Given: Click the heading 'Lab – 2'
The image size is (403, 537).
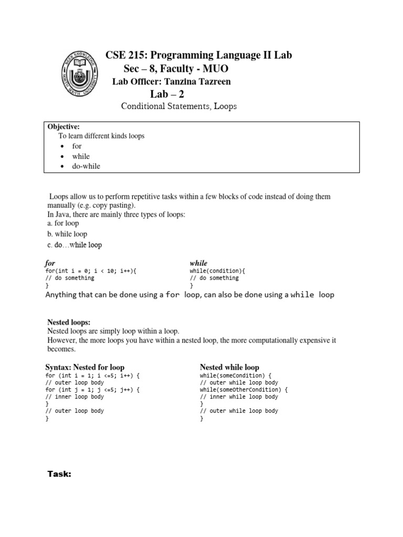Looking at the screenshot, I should pyautogui.click(x=167, y=94).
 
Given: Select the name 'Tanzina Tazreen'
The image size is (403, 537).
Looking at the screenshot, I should pyautogui.click(x=202, y=81).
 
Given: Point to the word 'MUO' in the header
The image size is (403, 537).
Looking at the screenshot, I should pyautogui.click(x=214, y=69).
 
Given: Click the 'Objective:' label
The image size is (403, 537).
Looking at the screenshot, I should pyautogui.click(x=63, y=126).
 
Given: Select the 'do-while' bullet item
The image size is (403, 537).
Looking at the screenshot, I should pyautogui.click(x=86, y=166).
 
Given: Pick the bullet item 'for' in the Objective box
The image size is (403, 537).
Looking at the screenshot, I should pyautogui.click(x=77, y=146).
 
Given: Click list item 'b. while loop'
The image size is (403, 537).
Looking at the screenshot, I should pyautogui.click(x=67, y=234).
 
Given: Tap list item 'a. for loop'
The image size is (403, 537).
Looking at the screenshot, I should pyautogui.click(x=63, y=223).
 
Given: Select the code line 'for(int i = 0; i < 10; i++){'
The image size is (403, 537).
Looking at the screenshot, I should pyautogui.click(x=86, y=271).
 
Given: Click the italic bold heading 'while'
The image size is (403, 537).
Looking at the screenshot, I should pyautogui.click(x=198, y=263).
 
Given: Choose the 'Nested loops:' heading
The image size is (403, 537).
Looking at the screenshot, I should pyautogui.click(x=69, y=322).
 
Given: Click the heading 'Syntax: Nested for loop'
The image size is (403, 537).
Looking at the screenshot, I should pyautogui.click(x=85, y=367).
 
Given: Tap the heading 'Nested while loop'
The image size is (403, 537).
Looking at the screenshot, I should pyautogui.click(x=229, y=367).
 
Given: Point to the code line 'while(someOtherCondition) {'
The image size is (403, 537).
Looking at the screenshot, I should pyautogui.click(x=243, y=390).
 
